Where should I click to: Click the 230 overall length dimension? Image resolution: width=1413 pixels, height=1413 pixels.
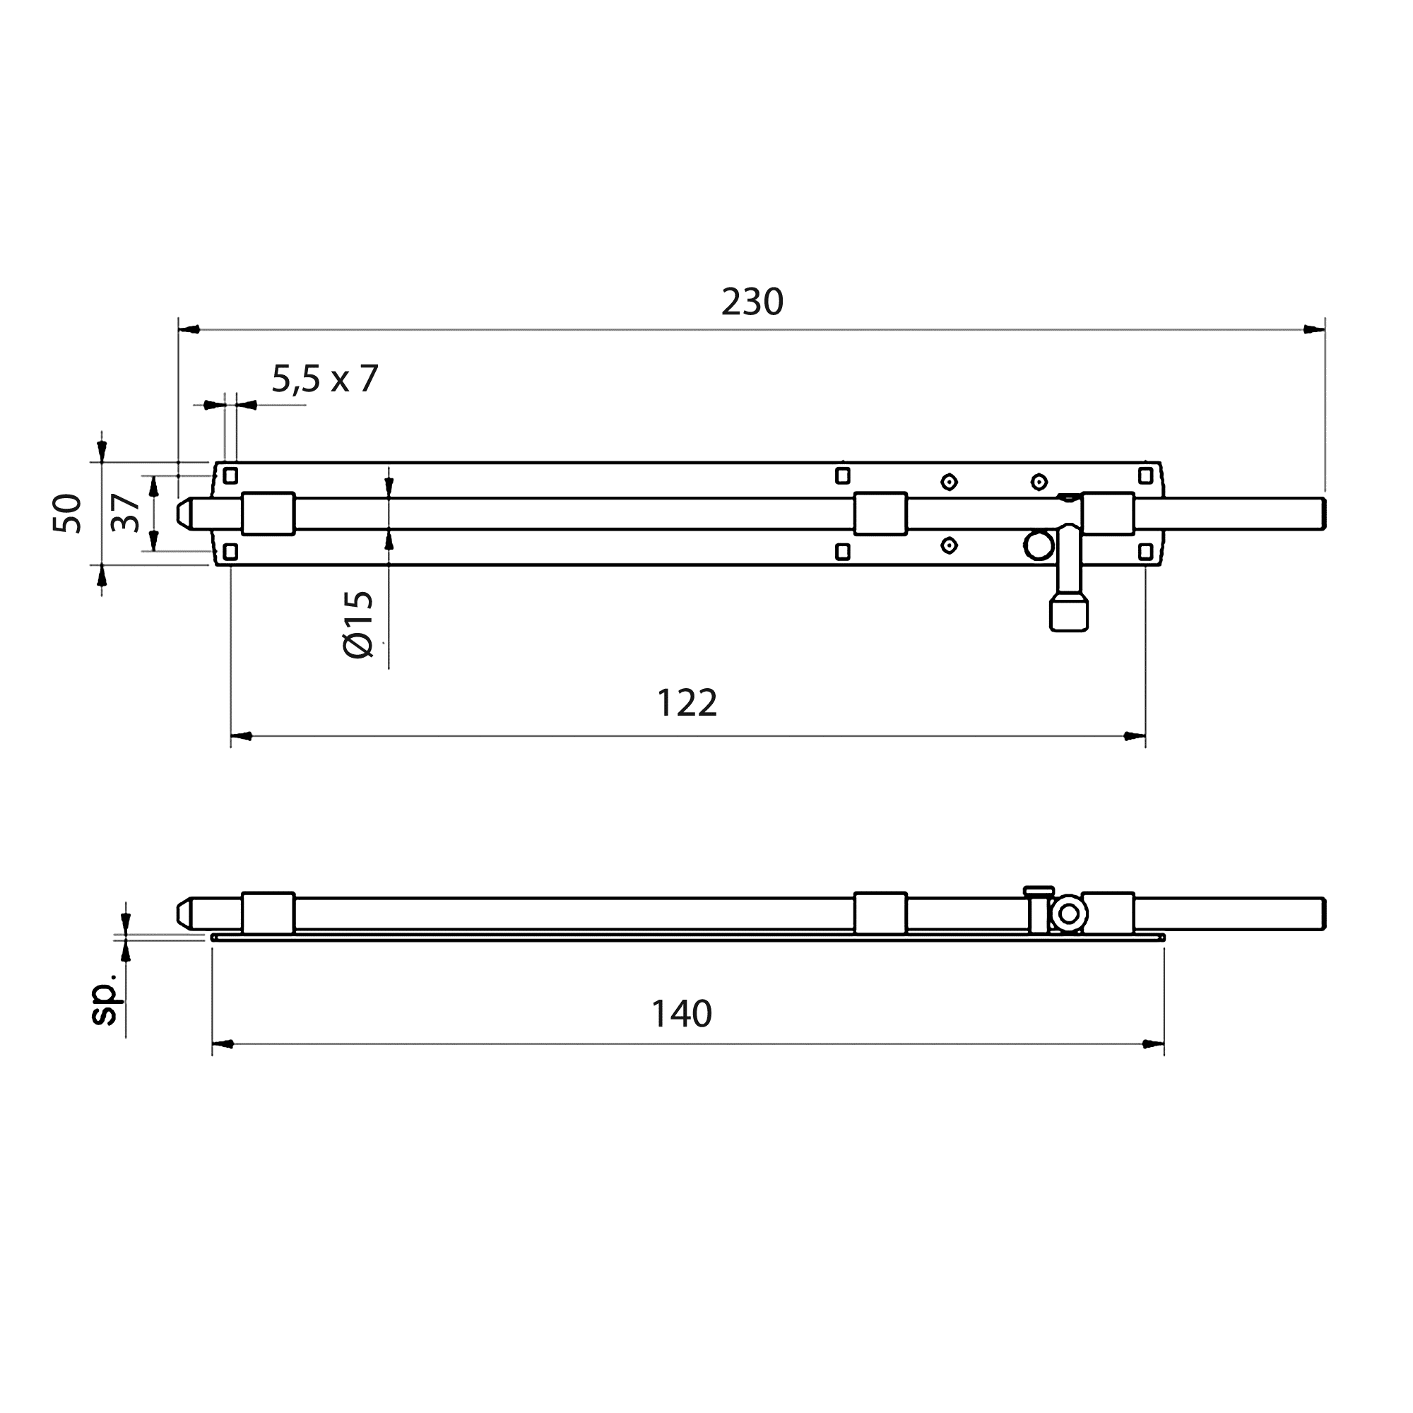click(x=752, y=303)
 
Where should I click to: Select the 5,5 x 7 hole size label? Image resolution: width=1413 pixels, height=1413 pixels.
click(x=325, y=379)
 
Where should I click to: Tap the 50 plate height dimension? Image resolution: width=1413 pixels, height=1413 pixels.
click(x=67, y=514)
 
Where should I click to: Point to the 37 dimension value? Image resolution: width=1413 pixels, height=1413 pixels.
click(x=125, y=513)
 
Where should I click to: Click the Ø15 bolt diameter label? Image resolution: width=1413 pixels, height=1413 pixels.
click(x=358, y=625)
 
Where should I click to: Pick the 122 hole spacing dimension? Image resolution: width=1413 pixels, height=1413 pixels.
click(x=687, y=704)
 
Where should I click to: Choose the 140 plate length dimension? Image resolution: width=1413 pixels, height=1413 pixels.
click(x=682, y=1015)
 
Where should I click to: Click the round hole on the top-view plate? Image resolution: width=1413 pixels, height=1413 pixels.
click(x=1039, y=545)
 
